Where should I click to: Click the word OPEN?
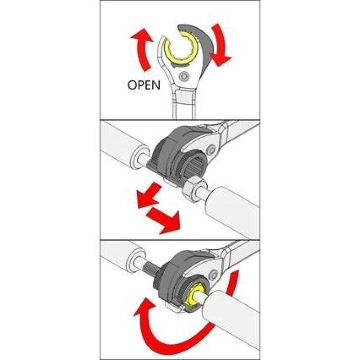pos(144,85)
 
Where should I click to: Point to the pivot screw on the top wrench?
pos(184,76)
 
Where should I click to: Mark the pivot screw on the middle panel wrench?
pos(211,151)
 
